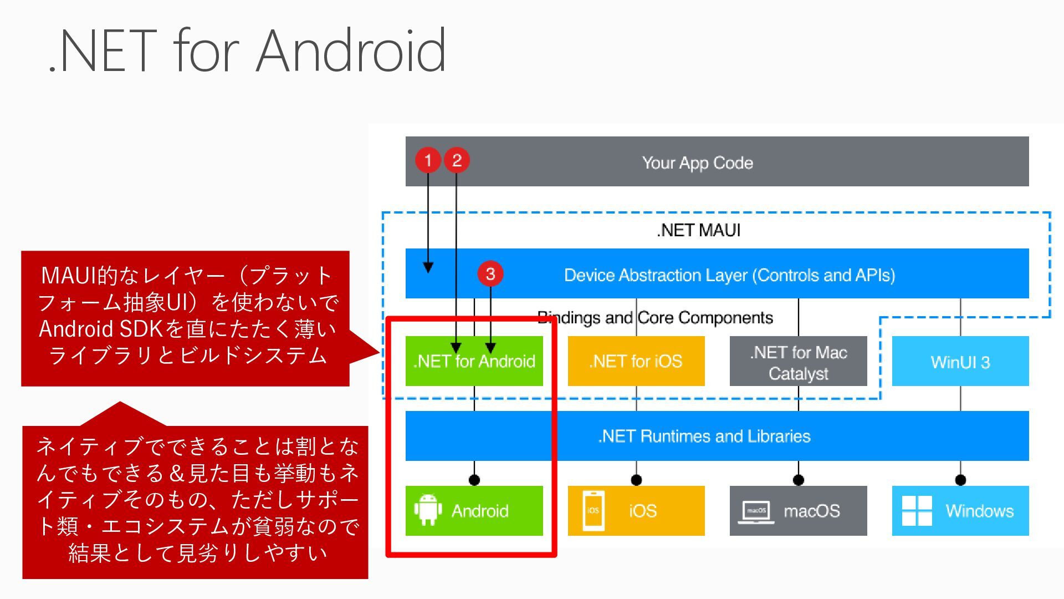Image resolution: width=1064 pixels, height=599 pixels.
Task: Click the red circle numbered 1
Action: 428,160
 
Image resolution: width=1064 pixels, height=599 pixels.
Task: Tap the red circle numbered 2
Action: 457,160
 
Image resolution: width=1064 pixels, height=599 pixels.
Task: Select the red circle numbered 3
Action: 490,273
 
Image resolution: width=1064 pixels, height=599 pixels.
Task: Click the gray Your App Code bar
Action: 717,161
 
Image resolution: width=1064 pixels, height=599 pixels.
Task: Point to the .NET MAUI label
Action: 699,230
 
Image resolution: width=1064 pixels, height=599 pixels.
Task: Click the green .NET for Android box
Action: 474,361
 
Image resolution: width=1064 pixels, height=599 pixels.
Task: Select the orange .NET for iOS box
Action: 636,361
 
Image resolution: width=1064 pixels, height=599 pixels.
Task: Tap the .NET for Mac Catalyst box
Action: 799,361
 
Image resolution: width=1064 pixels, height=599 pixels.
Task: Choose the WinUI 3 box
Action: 960,361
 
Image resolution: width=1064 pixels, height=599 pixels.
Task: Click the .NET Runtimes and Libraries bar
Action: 717,436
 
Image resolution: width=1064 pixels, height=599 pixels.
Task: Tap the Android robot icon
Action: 428,510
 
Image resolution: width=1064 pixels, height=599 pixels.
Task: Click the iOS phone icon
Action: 594,511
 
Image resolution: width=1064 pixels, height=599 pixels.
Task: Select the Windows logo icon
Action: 917,511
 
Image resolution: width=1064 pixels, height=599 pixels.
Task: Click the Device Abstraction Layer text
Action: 730,275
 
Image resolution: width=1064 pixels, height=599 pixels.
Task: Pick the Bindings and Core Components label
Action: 656,318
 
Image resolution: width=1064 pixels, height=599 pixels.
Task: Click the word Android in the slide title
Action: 351,50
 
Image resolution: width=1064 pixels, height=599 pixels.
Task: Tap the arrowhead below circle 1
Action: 428,267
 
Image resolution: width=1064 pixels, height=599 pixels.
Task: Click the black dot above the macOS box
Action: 799,480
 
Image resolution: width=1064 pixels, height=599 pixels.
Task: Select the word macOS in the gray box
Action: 812,511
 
